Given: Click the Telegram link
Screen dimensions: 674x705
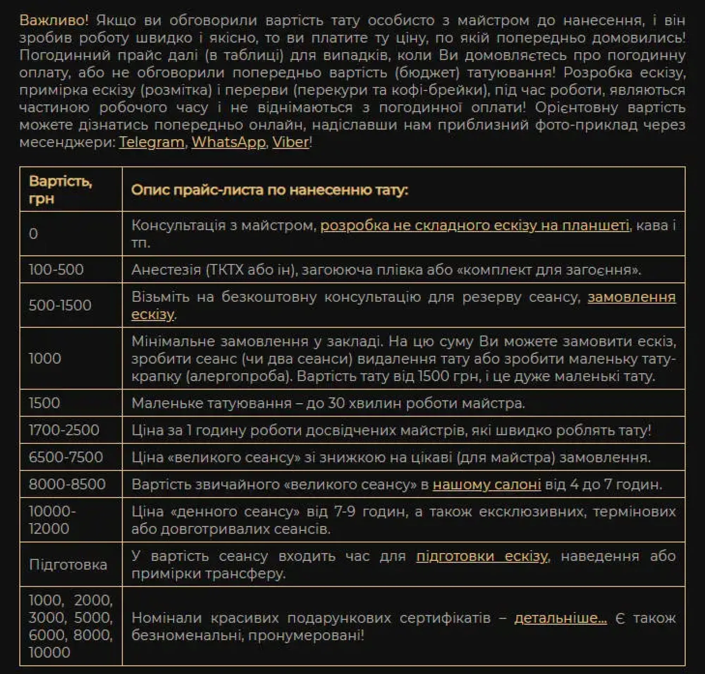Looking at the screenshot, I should [151, 142].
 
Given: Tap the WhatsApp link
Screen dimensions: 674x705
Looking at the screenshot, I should [228, 142].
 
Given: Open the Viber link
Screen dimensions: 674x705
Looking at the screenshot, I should [290, 142].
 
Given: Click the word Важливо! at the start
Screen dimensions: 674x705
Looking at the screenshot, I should [54, 20].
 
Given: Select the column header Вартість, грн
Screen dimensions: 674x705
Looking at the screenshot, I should [60, 189].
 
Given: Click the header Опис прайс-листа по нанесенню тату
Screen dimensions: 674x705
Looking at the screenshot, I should [270, 190].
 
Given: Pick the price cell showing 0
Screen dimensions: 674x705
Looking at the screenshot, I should [33, 234].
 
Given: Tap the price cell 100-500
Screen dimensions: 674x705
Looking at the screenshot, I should [56, 269].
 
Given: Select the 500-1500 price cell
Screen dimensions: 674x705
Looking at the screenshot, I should [60, 305].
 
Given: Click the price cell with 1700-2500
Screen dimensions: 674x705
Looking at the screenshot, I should [64, 430].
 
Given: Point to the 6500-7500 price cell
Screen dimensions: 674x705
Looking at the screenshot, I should [66, 457].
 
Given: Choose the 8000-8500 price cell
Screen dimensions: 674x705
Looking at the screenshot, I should [67, 484].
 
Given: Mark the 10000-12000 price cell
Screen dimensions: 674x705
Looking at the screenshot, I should [52, 520].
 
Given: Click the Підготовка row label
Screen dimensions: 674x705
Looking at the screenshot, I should [68, 565].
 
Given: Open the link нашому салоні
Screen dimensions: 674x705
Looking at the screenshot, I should [486, 485].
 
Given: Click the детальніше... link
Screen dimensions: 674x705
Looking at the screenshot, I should [560, 618].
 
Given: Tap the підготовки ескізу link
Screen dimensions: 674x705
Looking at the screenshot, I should [482, 556].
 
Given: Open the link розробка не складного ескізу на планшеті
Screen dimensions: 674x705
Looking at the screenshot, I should [474, 226].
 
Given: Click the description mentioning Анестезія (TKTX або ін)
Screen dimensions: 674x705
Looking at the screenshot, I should [386, 269].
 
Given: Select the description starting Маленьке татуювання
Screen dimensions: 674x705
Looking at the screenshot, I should [328, 403].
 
